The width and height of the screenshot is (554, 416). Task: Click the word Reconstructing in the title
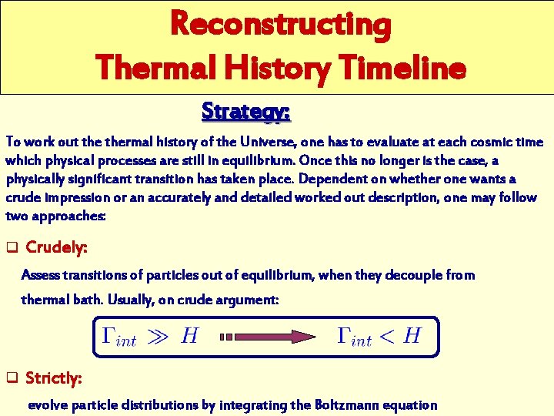tap(281, 24)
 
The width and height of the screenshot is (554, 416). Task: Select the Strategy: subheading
tap(245, 111)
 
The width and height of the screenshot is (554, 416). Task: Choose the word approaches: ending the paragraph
tap(68, 216)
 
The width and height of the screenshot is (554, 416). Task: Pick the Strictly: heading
tap(55, 378)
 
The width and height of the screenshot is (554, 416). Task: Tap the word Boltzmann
tap(345, 404)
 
